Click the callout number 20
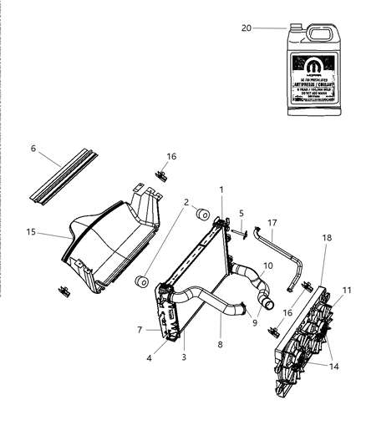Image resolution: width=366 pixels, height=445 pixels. tap(247, 28)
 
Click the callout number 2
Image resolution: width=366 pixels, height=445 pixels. tap(185, 202)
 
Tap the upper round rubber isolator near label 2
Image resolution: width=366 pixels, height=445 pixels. tap(201, 218)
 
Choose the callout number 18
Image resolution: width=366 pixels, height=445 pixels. tap(327, 260)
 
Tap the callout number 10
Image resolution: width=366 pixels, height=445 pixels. tap(267, 290)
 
